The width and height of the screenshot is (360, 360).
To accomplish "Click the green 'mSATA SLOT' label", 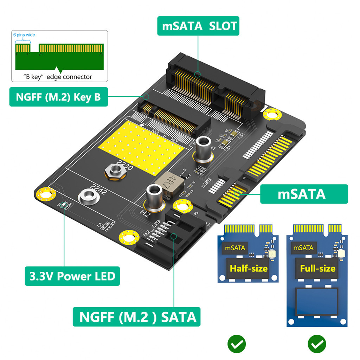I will (x=198, y=26).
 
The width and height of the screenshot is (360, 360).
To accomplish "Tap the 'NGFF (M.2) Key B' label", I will (x=58, y=97).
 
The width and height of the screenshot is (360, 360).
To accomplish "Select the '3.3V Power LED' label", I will (x=72, y=276).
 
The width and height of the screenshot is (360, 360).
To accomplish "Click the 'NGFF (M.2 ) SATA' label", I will (x=137, y=317).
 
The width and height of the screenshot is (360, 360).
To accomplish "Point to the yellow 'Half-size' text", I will (x=249, y=269).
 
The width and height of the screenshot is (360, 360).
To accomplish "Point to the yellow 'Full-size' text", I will (x=317, y=269).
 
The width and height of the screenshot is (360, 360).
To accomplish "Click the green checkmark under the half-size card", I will (x=236, y=344).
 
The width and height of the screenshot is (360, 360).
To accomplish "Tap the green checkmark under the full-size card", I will (x=317, y=344).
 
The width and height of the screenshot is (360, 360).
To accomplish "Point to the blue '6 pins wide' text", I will (x=24, y=35).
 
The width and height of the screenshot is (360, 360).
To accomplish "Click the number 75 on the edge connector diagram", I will (x=101, y=54).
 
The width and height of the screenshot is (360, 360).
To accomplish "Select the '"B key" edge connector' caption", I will (x=58, y=77).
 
